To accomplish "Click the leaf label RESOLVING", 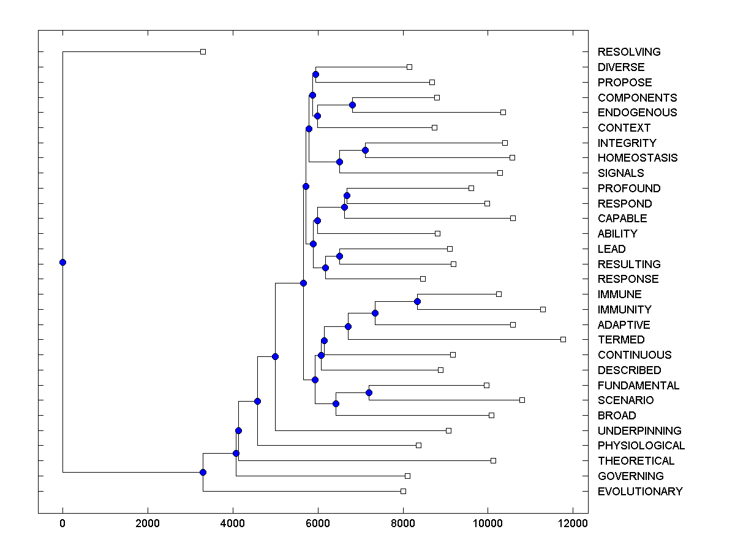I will point(629,52).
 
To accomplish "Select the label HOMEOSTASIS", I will point(638,158).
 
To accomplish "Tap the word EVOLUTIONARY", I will point(640,492).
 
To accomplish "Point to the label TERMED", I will point(621,340).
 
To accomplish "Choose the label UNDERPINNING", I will point(639,431).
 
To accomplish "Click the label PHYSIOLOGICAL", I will point(641,446).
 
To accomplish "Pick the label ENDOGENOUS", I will point(637,113).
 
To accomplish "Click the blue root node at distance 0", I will point(62,263).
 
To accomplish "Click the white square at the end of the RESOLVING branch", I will point(203,52).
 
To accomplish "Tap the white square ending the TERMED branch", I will point(563,339).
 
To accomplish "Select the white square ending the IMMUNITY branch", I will point(543,309).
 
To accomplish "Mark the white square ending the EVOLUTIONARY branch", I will point(403,491).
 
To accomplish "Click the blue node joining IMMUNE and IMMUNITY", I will point(417,301).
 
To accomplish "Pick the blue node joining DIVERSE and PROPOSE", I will point(315,75).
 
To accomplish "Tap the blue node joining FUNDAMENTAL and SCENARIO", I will point(369,392).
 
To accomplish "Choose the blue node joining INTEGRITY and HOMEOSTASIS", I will point(365,150).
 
